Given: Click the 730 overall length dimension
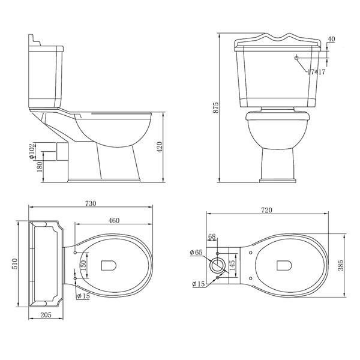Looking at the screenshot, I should pos(90,204).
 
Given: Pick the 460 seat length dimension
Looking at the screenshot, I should pos(113,221).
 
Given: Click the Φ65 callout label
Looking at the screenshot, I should pos(195,251).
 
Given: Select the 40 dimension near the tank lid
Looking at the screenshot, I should pos(331,40).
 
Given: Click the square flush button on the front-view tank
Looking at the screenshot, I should pos(296,58).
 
